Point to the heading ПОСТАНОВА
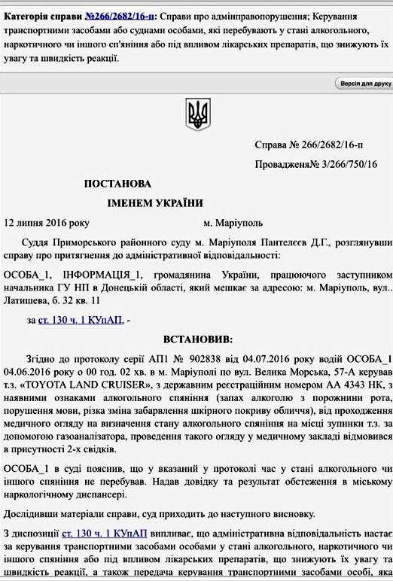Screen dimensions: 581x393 [x=117, y=183]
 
